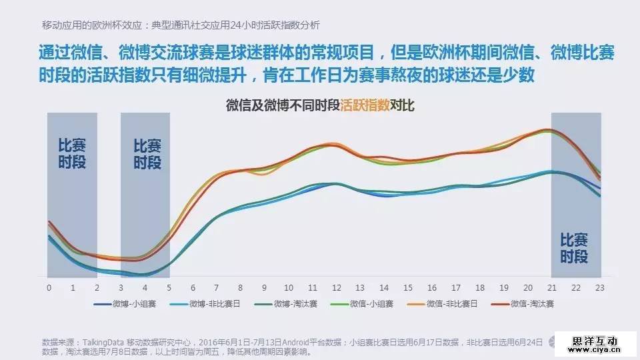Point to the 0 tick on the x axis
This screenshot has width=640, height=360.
click(x=49, y=287)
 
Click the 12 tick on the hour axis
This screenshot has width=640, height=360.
click(x=337, y=287)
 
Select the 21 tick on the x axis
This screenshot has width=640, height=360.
click(x=553, y=287)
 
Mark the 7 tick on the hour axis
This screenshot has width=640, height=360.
click(x=217, y=287)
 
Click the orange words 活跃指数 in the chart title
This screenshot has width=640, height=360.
click(x=365, y=105)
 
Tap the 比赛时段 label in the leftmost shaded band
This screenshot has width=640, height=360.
click(x=72, y=153)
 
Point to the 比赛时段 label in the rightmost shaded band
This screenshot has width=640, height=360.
click(x=574, y=248)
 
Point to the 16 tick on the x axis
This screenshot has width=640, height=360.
click(x=433, y=287)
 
